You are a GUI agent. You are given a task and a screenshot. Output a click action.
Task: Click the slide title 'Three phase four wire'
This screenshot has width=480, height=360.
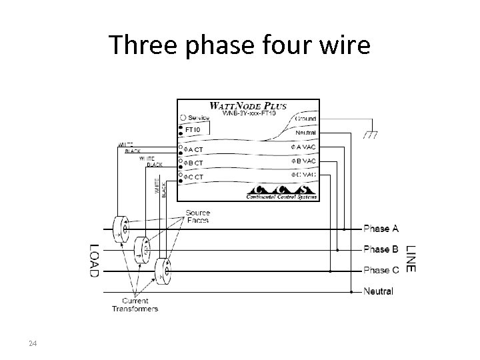240,45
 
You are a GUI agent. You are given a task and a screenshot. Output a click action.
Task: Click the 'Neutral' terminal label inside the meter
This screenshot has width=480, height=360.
305,133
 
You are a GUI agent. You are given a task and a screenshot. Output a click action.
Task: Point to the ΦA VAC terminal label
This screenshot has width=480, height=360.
302,147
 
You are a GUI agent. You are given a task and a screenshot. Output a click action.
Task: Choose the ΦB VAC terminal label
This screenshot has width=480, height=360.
302,161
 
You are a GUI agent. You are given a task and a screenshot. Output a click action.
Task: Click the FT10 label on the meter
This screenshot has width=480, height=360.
193,129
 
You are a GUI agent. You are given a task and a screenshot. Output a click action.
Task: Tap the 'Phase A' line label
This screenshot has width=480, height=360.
381,229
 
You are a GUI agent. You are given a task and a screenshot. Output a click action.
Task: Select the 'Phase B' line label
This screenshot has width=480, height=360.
381,249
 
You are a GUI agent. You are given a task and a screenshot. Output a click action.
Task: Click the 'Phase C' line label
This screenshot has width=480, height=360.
381,270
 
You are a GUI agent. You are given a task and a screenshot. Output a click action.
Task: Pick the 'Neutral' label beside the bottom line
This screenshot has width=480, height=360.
379,291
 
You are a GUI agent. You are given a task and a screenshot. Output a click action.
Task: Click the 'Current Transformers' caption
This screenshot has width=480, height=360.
135,305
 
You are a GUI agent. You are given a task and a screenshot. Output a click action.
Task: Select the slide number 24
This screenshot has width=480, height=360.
32,343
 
